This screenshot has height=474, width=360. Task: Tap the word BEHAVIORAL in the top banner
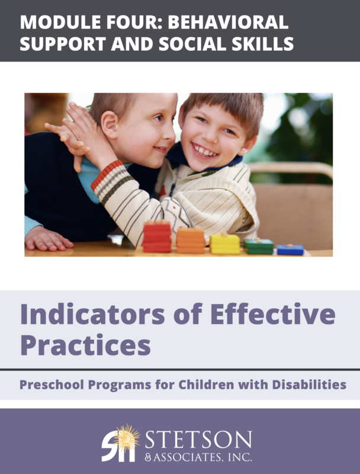click(x=233, y=22)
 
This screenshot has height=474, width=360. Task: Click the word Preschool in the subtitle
click(x=50, y=385)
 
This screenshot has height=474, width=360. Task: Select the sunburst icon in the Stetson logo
click(x=126, y=437)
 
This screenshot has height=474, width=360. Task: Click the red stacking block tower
click(x=157, y=236)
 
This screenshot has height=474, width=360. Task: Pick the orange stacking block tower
click(x=191, y=239)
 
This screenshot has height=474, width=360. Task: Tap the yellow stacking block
click(x=225, y=243)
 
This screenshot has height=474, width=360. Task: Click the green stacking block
click(x=258, y=246)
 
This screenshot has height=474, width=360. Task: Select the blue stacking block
click(x=290, y=249)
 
